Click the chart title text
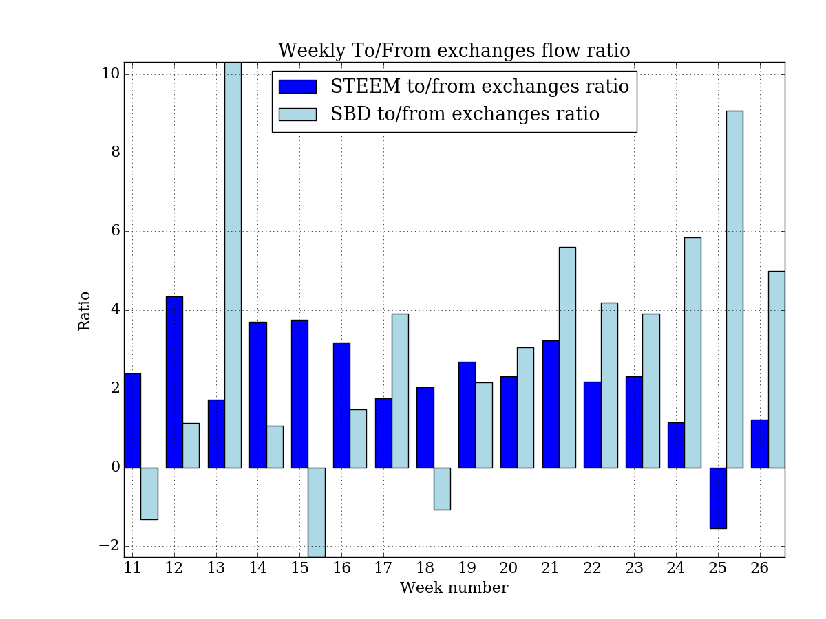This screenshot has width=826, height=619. coord(454,52)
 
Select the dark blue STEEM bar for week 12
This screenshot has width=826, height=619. coord(174,382)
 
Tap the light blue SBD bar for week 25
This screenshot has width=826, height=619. coord(734,289)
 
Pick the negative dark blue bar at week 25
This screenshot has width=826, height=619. coord(718,498)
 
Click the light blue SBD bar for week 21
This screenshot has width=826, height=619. coord(567,357)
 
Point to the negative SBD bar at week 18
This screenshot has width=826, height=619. coord(442,488)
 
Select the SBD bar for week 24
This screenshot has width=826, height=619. coord(692,352)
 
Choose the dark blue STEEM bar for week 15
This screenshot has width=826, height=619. coord(299,393)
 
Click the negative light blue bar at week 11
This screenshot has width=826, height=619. coord(149,493)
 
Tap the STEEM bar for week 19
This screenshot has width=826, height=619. coord(467,414)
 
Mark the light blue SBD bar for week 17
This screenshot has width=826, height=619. coord(400,390)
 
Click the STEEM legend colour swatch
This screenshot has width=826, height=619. coord(297,87)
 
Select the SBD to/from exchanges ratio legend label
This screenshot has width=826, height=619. coord(465,114)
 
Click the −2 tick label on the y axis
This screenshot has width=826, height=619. coord(107,546)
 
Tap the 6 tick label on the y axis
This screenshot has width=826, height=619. coord(115,232)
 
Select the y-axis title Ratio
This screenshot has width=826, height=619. coord(85,311)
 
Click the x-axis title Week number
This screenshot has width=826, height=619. coord(454,589)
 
